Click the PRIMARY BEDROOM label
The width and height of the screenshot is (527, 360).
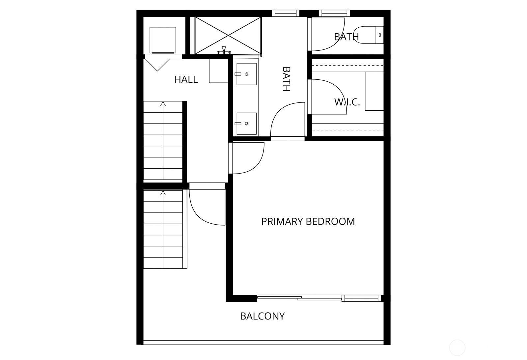(x=308, y=221)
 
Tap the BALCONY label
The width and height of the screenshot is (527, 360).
(x=262, y=316)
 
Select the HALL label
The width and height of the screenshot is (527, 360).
(x=186, y=79)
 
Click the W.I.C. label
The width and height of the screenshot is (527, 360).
(x=347, y=102)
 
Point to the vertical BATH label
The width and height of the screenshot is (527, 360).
(x=287, y=79)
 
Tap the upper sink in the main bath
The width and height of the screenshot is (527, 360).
(x=246, y=74)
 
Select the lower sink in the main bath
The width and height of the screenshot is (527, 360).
(x=246, y=124)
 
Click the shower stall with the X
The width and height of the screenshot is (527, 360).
(x=228, y=35)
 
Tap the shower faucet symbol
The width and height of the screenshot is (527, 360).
(x=224, y=50)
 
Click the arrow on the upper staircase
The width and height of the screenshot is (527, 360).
(x=163, y=104)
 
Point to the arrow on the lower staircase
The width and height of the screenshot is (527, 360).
(x=163, y=193)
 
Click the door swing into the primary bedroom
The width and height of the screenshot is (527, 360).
(x=247, y=158)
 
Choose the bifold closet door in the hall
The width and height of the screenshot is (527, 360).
(x=157, y=65)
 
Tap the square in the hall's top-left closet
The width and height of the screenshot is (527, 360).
(x=163, y=40)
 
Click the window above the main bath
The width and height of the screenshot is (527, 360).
(x=286, y=13)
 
